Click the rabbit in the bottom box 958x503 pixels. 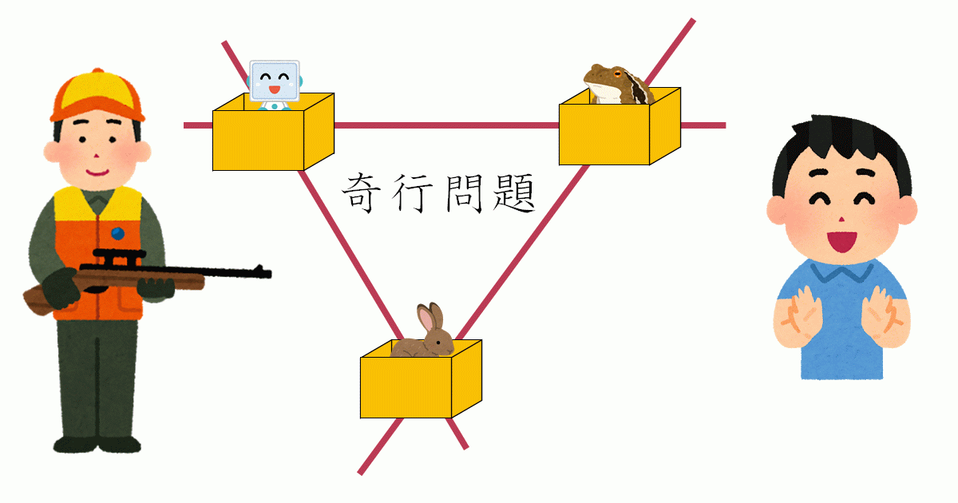(423, 339)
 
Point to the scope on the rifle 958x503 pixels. (118, 257)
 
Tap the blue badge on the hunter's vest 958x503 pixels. (118, 233)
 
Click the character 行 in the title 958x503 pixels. (413, 193)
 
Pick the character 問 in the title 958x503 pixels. (461, 193)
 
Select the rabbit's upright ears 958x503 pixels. (430, 318)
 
